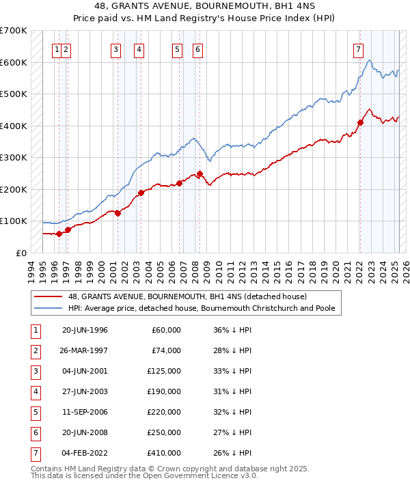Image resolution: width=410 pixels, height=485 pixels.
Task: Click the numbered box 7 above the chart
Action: [x=358, y=48]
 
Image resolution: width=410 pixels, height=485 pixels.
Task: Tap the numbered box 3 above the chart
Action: [x=116, y=48]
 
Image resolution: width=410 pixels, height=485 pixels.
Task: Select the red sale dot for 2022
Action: [x=359, y=123]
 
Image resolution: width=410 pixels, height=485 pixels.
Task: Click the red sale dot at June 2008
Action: [x=200, y=174]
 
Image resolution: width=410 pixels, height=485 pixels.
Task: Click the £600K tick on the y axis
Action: [x=14, y=62]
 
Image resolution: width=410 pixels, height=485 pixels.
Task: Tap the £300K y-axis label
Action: [x=14, y=158]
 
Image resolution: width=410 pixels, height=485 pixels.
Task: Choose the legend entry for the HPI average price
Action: [x=201, y=308]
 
